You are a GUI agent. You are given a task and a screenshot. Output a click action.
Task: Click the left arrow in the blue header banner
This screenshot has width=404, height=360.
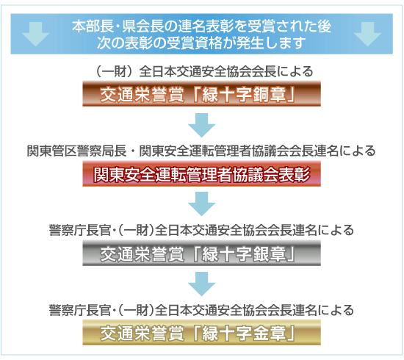click(35, 34)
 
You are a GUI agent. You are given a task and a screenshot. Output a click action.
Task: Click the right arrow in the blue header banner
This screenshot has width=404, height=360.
click(367, 34)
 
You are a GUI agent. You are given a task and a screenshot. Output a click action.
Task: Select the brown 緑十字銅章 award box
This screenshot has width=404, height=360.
click(201, 94)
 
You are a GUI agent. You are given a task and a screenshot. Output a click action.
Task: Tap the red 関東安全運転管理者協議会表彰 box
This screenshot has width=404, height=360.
click(201, 173)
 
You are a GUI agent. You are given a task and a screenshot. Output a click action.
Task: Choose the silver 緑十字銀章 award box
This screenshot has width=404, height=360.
click(201, 253)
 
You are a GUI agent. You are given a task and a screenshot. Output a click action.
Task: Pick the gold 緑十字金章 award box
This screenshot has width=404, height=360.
click(201, 333)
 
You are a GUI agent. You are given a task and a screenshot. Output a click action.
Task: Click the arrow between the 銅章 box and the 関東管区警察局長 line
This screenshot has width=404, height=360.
click(201, 125)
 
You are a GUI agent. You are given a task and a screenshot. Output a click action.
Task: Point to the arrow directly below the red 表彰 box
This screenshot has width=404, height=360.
click(201, 204)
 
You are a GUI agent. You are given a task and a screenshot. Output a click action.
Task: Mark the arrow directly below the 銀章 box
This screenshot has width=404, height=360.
click(201, 284)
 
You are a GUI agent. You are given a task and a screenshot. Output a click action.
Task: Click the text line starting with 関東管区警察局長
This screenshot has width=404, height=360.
click(201, 151)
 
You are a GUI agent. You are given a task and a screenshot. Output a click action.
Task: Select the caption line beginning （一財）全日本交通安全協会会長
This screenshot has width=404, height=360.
click(203, 72)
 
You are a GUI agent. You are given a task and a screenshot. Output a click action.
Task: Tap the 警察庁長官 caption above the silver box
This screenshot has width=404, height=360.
click(201, 231)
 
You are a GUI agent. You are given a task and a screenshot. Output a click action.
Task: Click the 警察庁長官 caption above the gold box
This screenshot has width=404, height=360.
click(201, 310)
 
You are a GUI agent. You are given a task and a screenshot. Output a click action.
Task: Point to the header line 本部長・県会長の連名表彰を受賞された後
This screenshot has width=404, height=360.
click(201, 26)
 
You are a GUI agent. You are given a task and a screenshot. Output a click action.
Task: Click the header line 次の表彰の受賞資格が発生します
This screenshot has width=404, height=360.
click(201, 43)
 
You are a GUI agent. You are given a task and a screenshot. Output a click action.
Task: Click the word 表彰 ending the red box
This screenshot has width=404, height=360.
click(294, 174)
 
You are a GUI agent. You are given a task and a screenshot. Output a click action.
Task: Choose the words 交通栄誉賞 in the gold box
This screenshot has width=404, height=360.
click(142, 334)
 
